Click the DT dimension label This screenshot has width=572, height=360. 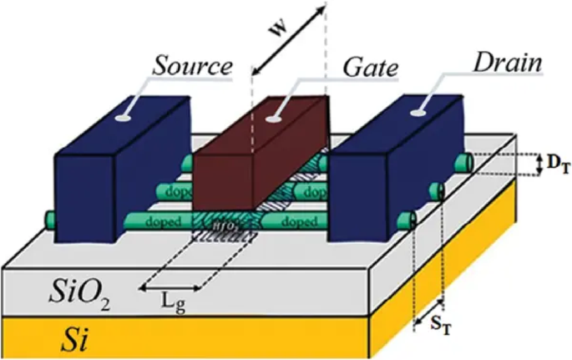point(552,166)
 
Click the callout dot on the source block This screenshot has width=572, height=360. point(123,119)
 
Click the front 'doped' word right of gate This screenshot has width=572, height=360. point(298,223)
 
